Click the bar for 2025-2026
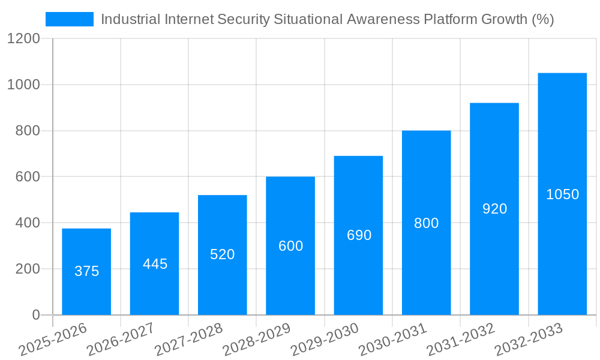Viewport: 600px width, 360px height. [x=86, y=272]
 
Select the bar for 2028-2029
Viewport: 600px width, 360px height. [x=290, y=246]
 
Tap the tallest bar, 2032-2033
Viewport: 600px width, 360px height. [x=562, y=194]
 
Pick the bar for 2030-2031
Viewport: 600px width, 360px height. [x=426, y=223]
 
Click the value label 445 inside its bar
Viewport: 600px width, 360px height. [x=155, y=264]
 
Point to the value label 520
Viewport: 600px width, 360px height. [x=223, y=254]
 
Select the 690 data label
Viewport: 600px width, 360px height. [x=359, y=235]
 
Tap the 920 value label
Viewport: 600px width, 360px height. [x=495, y=209]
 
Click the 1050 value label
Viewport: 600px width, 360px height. [x=562, y=194]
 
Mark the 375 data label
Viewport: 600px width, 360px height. [x=86, y=271]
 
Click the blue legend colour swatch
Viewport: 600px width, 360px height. [x=70, y=19]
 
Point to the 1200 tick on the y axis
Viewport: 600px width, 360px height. [x=23, y=39]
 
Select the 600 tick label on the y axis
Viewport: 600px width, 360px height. [x=27, y=177]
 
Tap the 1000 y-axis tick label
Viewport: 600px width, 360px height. [x=23, y=85]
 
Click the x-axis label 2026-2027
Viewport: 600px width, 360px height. [x=121, y=340]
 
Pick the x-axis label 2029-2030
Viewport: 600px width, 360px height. [x=325, y=340]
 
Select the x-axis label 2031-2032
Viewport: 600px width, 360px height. [x=461, y=340]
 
